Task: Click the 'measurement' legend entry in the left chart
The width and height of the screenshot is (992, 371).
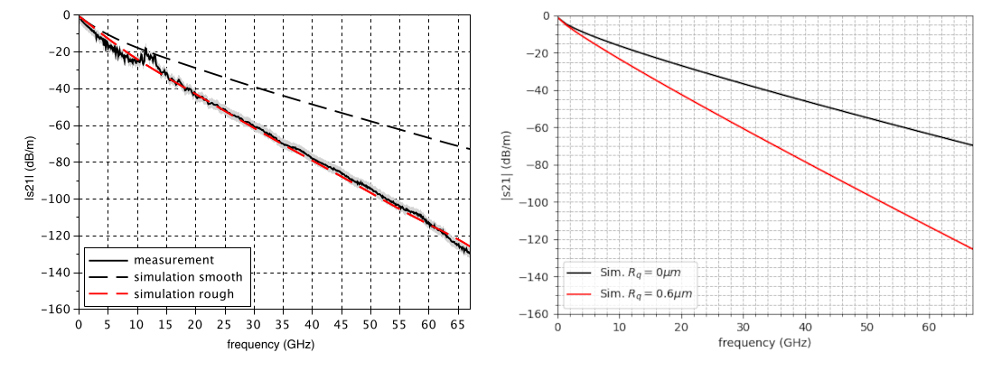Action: pyautogui.click(x=172, y=261)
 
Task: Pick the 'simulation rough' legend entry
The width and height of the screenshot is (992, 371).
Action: pyautogui.click(x=183, y=293)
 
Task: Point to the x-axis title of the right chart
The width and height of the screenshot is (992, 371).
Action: pyautogui.click(x=764, y=343)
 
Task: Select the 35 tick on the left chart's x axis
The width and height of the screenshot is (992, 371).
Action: pyautogui.click(x=283, y=324)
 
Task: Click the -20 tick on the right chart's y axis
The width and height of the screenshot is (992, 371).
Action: pyautogui.click(x=540, y=53)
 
